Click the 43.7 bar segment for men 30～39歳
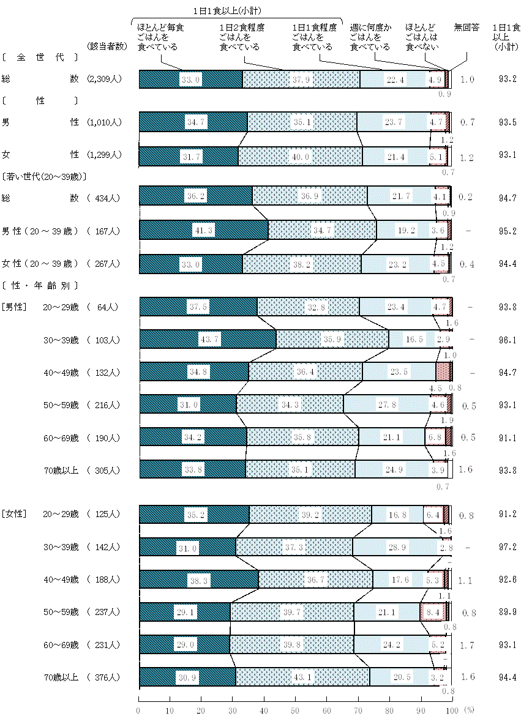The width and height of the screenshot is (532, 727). [208, 339]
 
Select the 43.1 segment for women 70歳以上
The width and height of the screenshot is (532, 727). [303, 677]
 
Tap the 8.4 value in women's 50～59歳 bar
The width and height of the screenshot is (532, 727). [432, 611]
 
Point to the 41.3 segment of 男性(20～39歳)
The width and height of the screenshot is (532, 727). [203, 230]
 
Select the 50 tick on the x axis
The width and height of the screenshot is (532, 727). [296, 710]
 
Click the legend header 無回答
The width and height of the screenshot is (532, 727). [466, 28]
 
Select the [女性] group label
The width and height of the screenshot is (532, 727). [13, 514]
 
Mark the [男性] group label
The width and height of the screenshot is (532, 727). [13, 307]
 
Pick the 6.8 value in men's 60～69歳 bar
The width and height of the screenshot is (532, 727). [435, 438]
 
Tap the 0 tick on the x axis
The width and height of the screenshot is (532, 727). [139, 710]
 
